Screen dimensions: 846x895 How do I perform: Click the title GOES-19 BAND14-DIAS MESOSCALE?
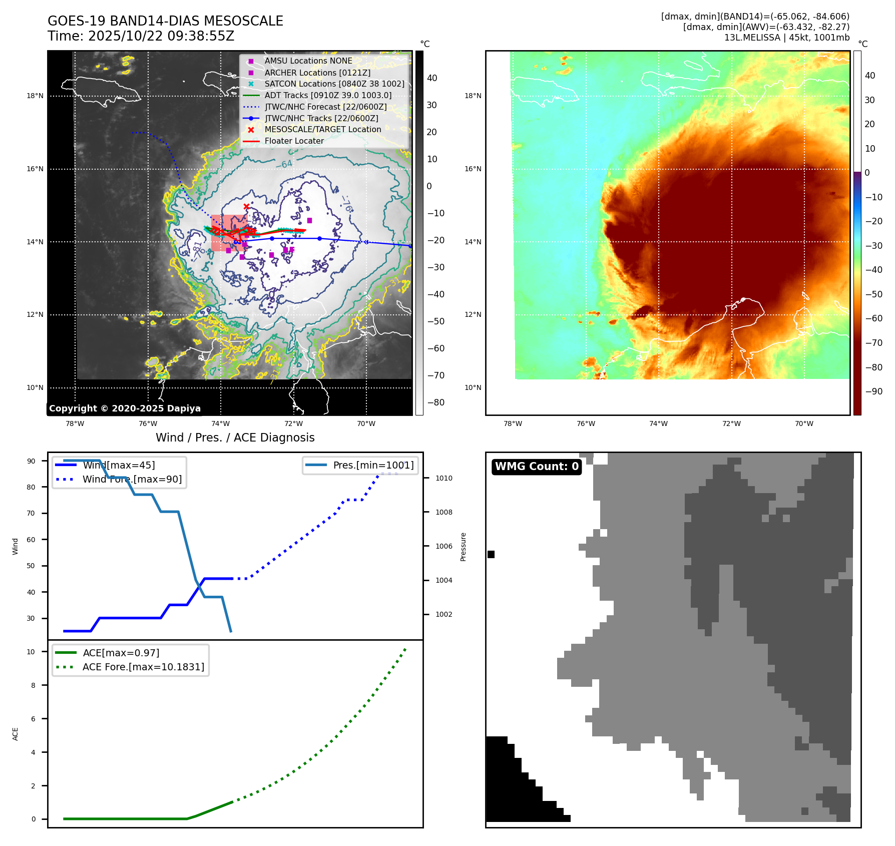165,21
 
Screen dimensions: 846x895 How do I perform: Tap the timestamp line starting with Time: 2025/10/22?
141,36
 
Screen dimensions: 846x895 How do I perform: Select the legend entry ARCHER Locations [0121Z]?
317,73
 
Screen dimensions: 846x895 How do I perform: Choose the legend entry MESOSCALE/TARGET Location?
322,129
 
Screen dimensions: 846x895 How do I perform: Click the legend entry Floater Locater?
294,141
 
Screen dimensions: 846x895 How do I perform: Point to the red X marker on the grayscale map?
246,206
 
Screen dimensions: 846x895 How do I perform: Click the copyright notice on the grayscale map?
125,408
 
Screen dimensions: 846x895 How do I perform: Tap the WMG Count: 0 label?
537,467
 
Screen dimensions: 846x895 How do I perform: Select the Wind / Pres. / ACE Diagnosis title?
235,438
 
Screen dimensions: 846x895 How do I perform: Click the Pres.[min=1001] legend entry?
373,465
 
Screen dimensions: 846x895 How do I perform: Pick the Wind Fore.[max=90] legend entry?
132,479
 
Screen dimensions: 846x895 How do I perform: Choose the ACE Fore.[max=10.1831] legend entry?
143,667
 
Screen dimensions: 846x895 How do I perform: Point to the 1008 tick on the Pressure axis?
443,512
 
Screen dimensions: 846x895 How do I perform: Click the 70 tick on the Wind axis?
31,513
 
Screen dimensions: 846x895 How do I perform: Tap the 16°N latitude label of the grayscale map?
35,169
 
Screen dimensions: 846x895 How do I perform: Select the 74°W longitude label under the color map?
658,424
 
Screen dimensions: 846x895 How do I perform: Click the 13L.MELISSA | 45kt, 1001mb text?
786,38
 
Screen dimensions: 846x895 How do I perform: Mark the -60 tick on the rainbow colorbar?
874,318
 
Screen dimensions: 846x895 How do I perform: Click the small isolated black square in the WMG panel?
491,554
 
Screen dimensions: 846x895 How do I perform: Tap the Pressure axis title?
463,547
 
